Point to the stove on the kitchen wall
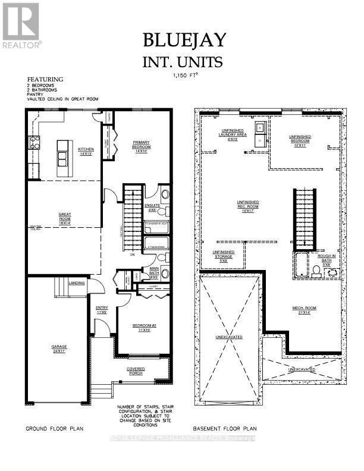(x=34, y=142)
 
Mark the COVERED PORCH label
(x=136, y=372)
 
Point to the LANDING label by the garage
(x=76, y=283)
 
